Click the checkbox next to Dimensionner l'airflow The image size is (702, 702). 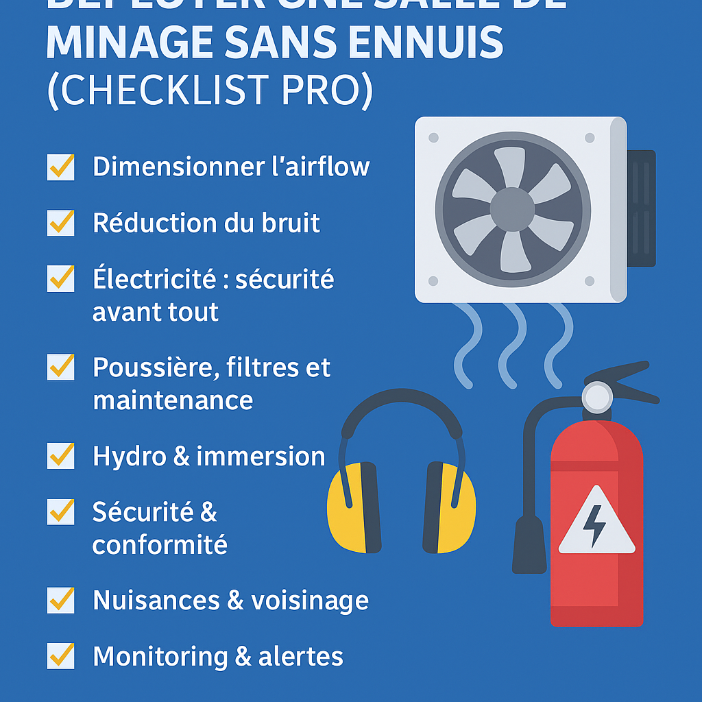pyautogui.click(x=60, y=167)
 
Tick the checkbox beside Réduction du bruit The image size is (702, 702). pyautogui.click(x=60, y=223)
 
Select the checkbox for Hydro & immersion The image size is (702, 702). pyautogui.click(x=60, y=456)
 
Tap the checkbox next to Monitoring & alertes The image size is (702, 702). pyautogui.click(x=60, y=656)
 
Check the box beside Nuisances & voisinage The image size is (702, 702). pyautogui.click(x=60, y=601)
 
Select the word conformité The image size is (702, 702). pyautogui.click(x=160, y=545)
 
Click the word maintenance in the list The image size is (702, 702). pyautogui.click(x=173, y=400)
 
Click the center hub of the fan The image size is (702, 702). pyautogui.click(x=512, y=210)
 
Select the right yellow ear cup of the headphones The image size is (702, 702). pyautogui.click(x=450, y=507)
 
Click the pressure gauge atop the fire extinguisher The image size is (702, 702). pyautogui.click(x=596, y=397)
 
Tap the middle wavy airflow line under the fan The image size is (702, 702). pyautogui.click(x=512, y=346)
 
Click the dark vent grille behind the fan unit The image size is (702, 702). pyautogui.click(x=642, y=208)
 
